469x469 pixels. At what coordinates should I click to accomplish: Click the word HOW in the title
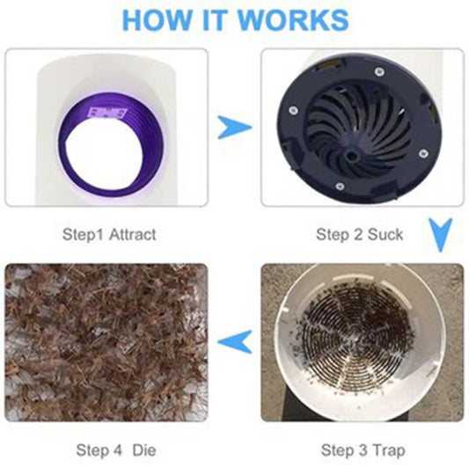(156, 19)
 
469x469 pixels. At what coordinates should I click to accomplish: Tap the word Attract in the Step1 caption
(132, 234)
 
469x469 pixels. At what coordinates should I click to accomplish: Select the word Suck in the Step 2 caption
(385, 234)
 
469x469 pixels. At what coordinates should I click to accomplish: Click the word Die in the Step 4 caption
(144, 451)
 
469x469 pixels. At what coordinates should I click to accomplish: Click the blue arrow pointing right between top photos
(234, 127)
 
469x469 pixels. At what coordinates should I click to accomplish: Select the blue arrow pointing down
(440, 235)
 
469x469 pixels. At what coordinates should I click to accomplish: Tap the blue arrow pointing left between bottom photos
(235, 342)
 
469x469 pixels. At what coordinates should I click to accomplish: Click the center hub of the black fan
(351, 156)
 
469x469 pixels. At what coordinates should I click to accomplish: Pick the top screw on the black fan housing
(379, 71)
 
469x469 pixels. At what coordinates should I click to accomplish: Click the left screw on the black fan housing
(293, 110)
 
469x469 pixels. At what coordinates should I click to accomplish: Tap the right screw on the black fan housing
(422, 154)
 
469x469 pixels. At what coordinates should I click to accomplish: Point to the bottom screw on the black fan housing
(339, 187)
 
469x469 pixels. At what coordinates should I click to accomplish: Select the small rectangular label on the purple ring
(106, 114)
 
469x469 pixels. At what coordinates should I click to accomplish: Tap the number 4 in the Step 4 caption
(118, 451)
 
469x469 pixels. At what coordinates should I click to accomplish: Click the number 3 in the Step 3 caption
(363, 451)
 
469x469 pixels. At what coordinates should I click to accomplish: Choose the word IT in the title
(214, 19)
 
